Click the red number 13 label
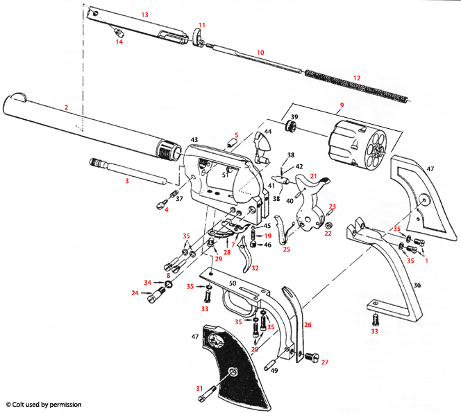click(x=145, y=15)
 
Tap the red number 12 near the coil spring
click(x=358, y=78)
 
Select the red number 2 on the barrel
click(x=66, y=107)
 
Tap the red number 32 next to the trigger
click(x=255, y=268)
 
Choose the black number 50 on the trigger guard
click(x=232, y=285)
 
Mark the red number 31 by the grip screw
click(x=199, y=388)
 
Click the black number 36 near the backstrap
click(x=416, y=285)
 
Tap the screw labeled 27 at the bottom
click(x=310, y=358)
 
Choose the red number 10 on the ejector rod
click(x=260, y=53)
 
